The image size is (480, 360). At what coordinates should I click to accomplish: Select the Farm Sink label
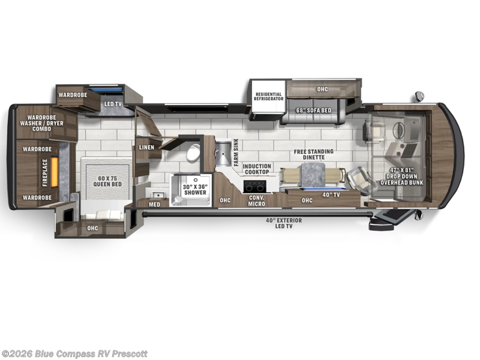[236, 155]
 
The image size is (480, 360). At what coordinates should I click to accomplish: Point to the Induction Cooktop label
[257, 169]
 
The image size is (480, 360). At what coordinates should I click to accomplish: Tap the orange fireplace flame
[54, 173]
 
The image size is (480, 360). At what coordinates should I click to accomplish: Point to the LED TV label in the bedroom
[113, 104]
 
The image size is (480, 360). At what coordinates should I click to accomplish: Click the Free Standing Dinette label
[314, 154]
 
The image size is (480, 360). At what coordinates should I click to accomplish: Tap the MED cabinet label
[155, 204]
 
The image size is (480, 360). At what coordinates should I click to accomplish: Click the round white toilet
[193, 152]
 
